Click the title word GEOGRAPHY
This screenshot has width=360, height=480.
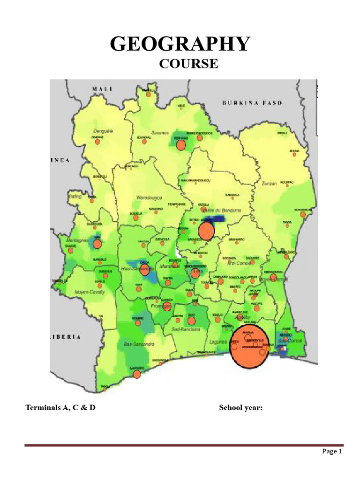pos(180,44)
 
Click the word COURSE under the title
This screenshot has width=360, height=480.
pos(188,63)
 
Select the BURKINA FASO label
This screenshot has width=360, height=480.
pos(252,103)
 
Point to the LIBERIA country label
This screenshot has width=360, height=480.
pos(66,337)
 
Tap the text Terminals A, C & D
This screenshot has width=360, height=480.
pos(60,407)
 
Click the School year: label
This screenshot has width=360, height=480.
pos(240,407)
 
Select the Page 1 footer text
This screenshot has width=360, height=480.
pos(332,451)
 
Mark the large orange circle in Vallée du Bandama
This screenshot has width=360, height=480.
pos(206,231)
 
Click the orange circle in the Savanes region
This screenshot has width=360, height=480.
pos(181,145)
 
